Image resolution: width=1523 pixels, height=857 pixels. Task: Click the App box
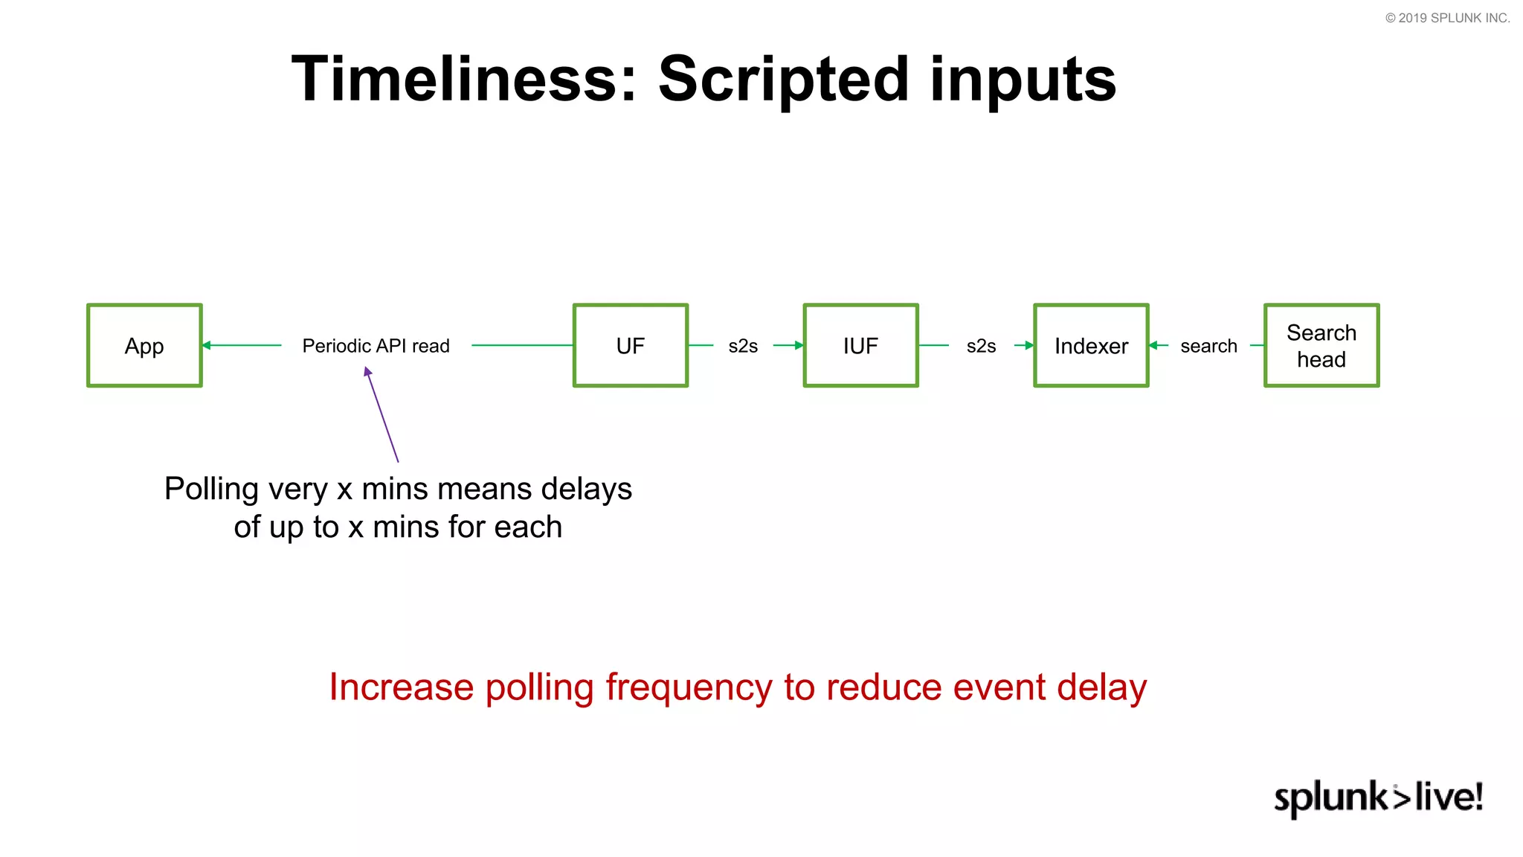144,345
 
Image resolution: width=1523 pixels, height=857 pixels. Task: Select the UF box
630,345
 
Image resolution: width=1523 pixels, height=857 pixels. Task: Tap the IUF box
860,345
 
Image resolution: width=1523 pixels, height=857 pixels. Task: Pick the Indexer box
1091,345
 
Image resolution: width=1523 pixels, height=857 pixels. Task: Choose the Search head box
1321,345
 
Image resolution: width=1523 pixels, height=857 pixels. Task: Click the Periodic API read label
376,346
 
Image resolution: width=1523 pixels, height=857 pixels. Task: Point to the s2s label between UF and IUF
743,346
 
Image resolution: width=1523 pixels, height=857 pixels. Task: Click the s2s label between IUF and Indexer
981,346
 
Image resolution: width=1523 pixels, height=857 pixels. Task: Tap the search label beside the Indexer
1208,346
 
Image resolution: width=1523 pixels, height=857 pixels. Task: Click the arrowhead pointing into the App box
207,345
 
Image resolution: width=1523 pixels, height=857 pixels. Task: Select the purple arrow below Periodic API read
382,414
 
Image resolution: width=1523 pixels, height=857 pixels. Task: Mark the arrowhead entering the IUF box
799,345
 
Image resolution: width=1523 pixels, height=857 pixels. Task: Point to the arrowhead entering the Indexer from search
1153,345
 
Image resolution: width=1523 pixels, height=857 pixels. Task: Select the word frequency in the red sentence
689,687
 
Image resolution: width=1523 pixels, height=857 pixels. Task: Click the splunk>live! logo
1378,797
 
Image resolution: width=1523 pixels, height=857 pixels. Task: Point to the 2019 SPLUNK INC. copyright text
1447,18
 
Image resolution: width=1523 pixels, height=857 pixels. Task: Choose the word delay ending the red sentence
1102,687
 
